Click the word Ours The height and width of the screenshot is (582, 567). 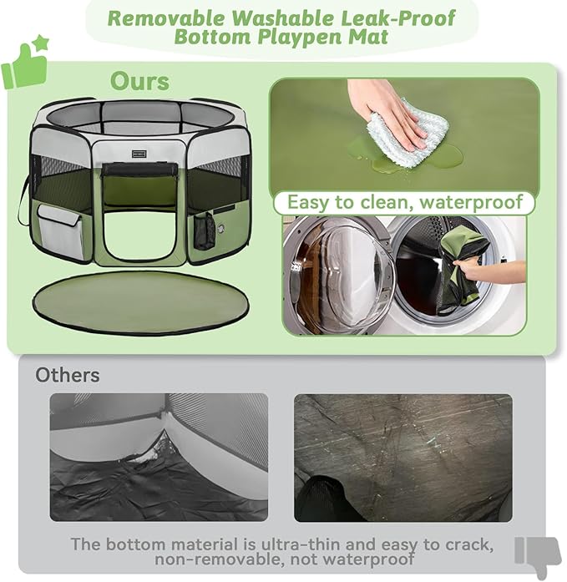pyautogui.click(x=139, y=81)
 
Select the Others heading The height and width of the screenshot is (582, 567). pyautogui.click(x=67, y=375)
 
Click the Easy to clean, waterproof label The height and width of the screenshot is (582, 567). pyautogui.click(x=405, y=202)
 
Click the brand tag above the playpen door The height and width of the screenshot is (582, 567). pyautogui.click(x=139, y=154)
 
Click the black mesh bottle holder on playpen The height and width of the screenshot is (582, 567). pyautogui.click(x=203, y=230)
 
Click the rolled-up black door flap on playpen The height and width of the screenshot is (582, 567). pyautogui.click(x=139, y=170)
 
